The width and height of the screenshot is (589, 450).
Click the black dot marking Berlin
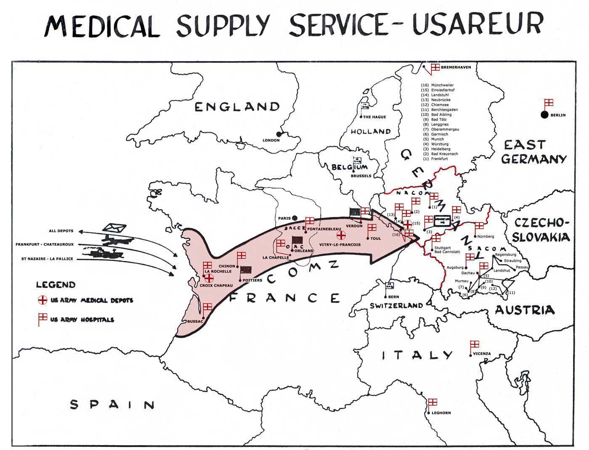click(544, 115)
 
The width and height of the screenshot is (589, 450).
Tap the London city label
click(271, 140)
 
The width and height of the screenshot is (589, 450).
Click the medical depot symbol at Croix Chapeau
click(208, 278)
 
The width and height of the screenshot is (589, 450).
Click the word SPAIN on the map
click(112, 405)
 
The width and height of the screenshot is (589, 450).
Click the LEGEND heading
click(56, 285)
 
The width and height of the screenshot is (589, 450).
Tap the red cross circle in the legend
click(42, 300)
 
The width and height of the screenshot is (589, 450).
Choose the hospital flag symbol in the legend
click(42, 319)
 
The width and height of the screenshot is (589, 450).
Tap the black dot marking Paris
click(295, 218)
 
